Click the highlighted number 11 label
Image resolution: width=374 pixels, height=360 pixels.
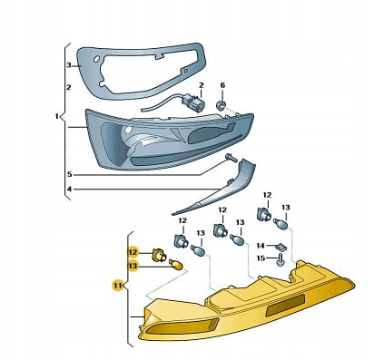pos(117,285)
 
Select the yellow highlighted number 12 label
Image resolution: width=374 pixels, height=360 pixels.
pos(133,252)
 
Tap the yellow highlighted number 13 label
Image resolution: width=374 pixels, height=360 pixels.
pos(133,266)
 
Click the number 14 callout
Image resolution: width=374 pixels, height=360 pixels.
pos(261,246)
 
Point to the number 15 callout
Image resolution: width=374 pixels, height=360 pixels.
pos(261,258)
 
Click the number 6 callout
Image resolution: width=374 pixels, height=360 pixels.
pos(222,85)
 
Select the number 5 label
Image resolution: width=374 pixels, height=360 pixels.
pos(70,174)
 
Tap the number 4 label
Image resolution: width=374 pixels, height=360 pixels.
pos(70,190)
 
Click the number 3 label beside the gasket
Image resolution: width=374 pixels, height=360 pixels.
pos(69,65)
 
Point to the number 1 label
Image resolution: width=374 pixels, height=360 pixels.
pos(56,116)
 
